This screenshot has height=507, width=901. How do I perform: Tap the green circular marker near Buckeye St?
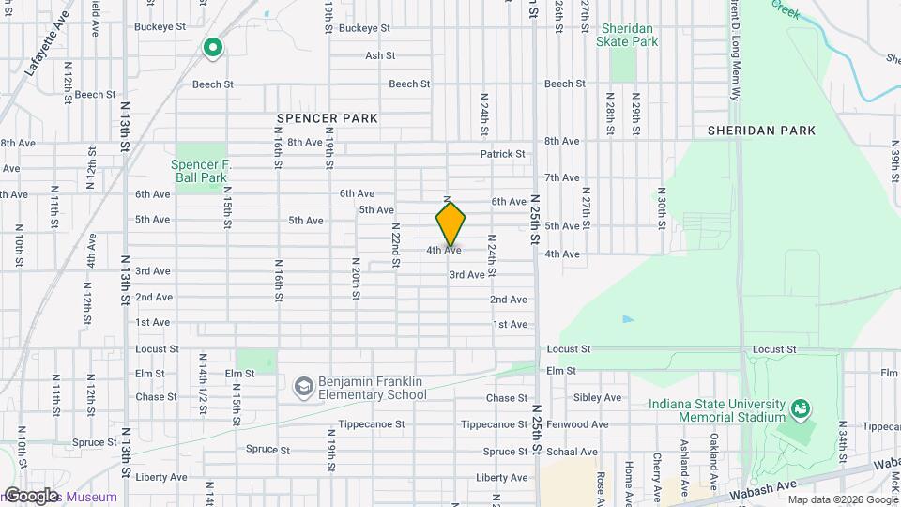coord(213,46)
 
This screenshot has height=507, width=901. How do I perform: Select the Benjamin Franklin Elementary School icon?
coord(303,387)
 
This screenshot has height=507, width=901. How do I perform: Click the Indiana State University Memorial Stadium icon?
coord(800,409)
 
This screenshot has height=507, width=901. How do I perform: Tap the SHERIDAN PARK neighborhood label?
coord(761,131)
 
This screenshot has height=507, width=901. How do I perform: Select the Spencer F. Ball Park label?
coord(200,170)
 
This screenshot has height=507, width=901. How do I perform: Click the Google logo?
coord(31,496)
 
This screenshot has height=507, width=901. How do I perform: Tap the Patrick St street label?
coord(502,154)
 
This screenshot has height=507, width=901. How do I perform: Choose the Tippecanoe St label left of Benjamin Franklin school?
coord(374,423)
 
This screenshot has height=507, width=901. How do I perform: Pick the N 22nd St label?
coord(396,245)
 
